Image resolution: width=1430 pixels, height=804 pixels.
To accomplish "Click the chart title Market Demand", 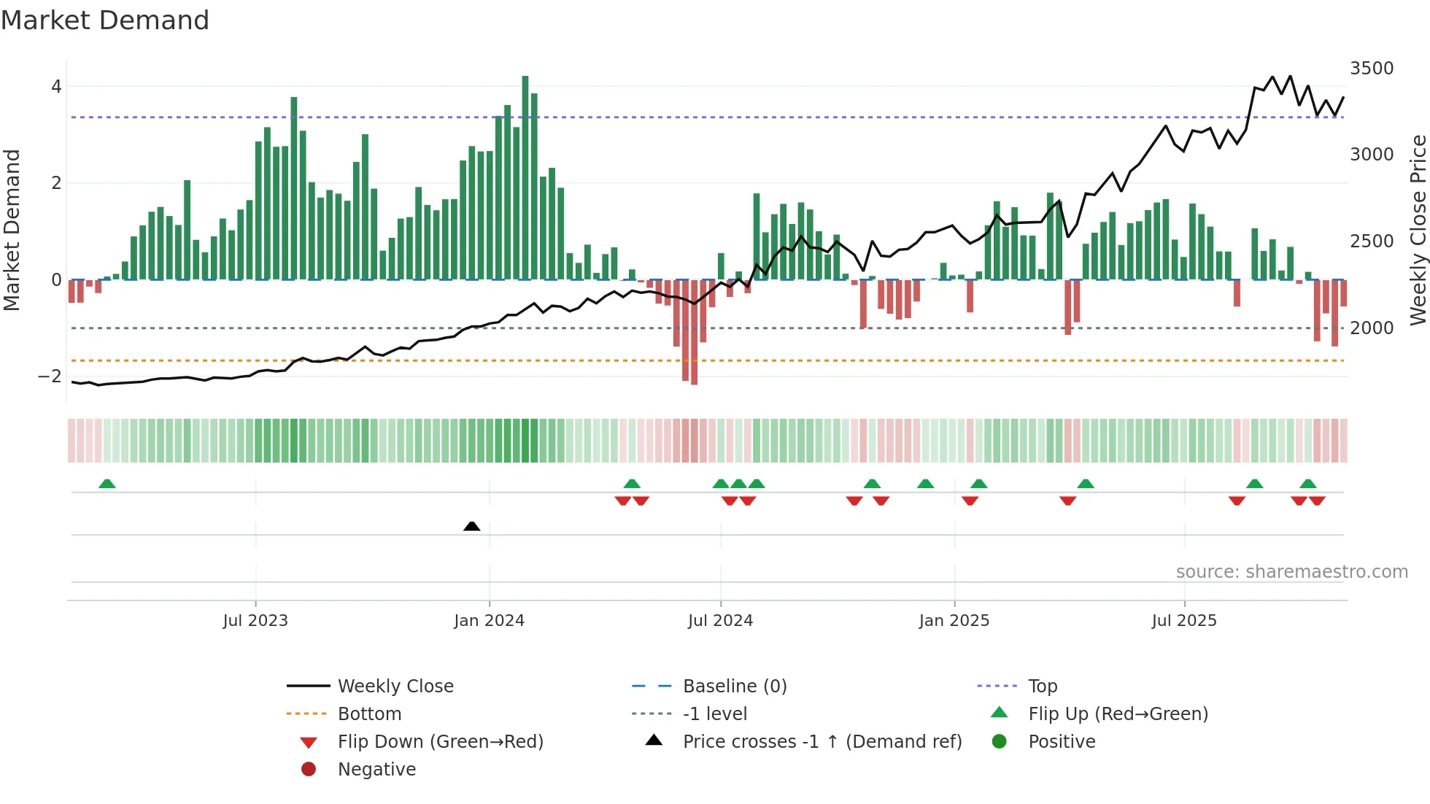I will click(x=105, y=20).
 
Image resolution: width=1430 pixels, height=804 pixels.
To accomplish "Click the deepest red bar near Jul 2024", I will click(x=694, y=332).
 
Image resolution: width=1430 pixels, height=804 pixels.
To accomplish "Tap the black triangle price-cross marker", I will click(x=472, y=526).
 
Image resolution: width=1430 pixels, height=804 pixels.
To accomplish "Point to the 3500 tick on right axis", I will click(x=1371, y=69).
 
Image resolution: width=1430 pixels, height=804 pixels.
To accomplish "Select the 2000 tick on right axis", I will click(x=1371, y=328).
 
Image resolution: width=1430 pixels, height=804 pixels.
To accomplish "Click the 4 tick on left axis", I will click(x=56, y=87).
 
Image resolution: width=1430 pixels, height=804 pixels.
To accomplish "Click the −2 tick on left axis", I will click(x=50, y=376).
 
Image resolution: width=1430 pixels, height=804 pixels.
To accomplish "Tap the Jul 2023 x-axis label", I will click(x=255, y=621).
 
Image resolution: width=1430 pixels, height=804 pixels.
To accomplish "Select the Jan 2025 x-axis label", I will click(x=954, y=621).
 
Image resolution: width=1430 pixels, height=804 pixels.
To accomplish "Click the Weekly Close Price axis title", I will click(x=1418, y=230).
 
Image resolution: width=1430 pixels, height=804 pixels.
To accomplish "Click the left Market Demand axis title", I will click(x=12, y=230).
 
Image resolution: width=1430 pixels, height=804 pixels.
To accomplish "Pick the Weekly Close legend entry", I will click(x=395, y=687).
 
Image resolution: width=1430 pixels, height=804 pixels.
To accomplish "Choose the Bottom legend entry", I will click(x=369, y=714).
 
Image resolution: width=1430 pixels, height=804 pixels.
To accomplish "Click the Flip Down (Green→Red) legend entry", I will click(x=440, y=742).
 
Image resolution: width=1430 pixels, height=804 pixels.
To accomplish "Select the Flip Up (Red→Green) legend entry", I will click(x=1118, y=714).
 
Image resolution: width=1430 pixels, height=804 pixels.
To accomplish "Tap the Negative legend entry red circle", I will click(x=309, y=770).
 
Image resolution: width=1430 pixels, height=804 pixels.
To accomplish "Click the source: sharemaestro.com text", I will click(x=1291, y=572).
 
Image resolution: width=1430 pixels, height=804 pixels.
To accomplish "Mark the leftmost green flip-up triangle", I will click(x=107, y=484).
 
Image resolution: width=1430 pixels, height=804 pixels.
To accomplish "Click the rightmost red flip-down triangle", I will click(x=1317, y=500).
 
